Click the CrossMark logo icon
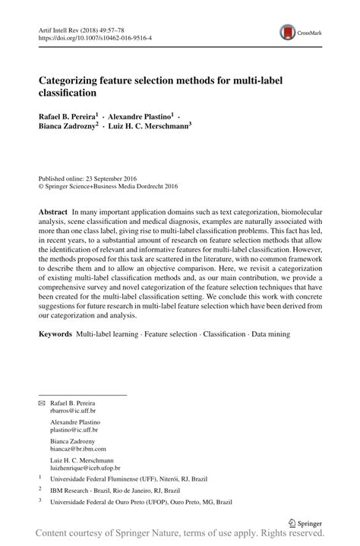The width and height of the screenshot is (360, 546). click(x=289, y=32)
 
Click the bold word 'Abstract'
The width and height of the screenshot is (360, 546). click(x=53, y=209)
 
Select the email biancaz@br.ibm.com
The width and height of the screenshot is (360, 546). click(x=80, y=449)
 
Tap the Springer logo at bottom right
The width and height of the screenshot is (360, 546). click(x=308, y=522)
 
